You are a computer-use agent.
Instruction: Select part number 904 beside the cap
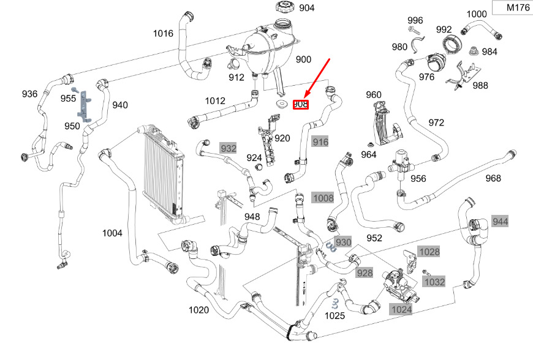[306, 8]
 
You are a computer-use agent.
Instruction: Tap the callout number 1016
[163, 34]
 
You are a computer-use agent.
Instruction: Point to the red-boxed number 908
[300, 105]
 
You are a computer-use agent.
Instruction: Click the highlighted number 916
[320, 142]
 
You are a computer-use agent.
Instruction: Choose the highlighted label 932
[228, 148]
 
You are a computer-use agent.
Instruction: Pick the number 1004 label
[112, 233]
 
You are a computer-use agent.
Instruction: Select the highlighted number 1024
[402, 310]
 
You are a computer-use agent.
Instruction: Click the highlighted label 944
[501, 221]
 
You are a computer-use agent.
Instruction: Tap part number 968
[493, 178]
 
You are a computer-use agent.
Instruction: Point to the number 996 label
[415, 20]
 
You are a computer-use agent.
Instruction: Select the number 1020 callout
[198, 310]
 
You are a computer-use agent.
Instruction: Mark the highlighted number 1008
[323, 198]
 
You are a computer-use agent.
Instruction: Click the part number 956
[418, 179]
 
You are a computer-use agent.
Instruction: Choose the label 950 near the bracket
[72, 126]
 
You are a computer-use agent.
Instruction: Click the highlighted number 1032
[434, 282]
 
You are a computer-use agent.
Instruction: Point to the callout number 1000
[477, 14]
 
